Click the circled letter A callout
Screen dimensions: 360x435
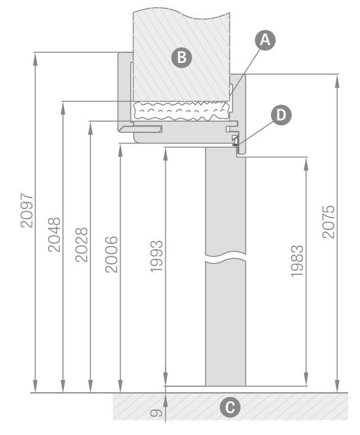click(265, 40)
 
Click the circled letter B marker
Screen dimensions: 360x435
click(182, 58)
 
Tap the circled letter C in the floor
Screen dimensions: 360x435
click(230, 408)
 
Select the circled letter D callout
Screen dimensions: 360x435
click(281, 115)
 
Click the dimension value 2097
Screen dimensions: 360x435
click(27, 211)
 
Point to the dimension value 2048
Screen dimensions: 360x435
click(54, 234)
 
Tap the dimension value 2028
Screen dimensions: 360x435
click(81, 245)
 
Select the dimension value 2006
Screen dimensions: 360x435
click(112, 255)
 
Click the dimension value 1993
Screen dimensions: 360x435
click(156, 256)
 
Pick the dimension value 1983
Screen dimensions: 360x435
click(297, 261)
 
